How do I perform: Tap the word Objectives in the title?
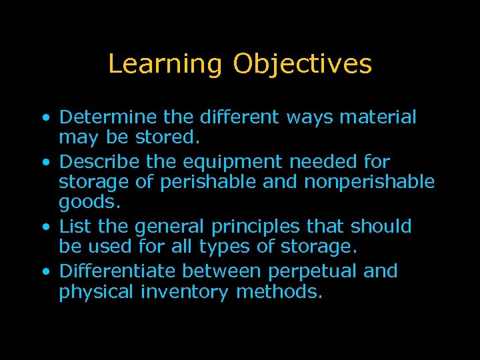click(x=302, y=65)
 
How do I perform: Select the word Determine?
click(x=109, y=117)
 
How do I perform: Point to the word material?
click(x=379, y=117)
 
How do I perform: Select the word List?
click(x=75, y=227)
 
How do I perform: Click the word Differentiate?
click(x=117, y=271)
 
